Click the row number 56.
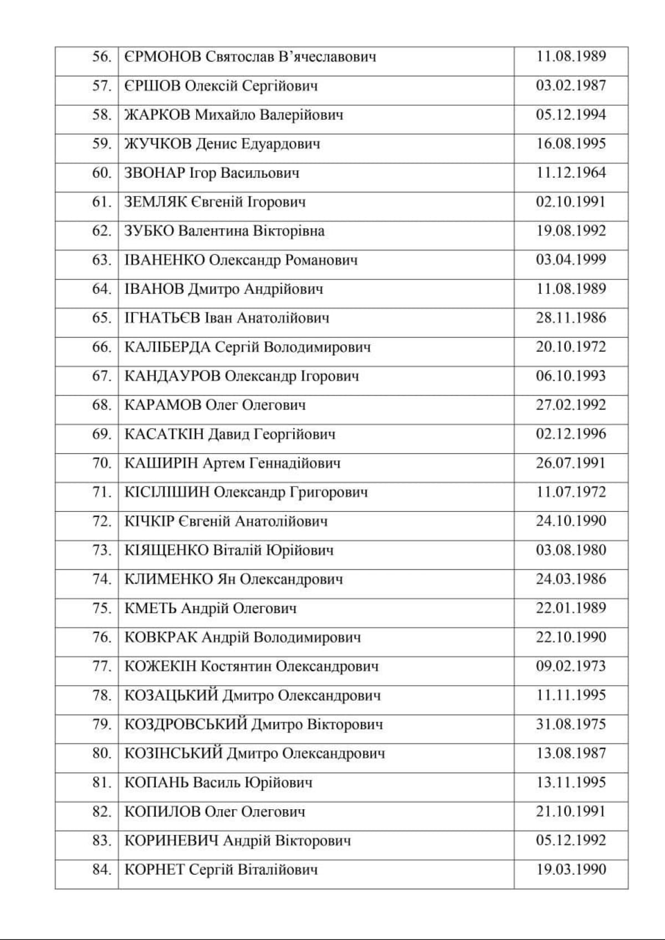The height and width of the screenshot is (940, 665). pyautogui.click(x=102, y=56)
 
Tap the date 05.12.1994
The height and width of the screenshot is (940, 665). pyautogui.click(x=571, y=115)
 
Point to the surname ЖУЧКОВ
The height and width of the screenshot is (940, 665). pyautogui.click(x=158, y=144)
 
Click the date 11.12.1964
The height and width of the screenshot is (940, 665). pyautogui.click(x=571, y=173)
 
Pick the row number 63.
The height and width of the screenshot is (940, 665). pyautogui.click(x=102, y=260)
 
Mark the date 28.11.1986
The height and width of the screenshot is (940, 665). pyautogui.click(x=571, y=318)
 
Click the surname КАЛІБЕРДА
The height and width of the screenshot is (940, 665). pyautogui.click(x=167, y=347)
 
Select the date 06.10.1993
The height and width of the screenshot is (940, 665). pyautogui.click(x=571, y=376)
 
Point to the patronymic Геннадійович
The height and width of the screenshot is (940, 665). pyautogui.click(x=295, y=463)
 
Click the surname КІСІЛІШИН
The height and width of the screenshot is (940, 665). pyautogui.click(x=167, y=492)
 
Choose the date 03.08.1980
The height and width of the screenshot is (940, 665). pyautogui.click(x=571, y=550)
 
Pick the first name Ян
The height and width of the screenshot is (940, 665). pyautogui.click(x=226, y=579)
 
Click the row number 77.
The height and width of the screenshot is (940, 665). pyautogui.click(x=102, y=666)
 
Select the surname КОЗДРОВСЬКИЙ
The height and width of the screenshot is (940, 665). pyautogui.click(x=186, y=725)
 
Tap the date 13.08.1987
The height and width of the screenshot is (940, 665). pyautogui.click(x=571, y=753)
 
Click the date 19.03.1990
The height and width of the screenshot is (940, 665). pyautogui.click(x=571, y=870)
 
